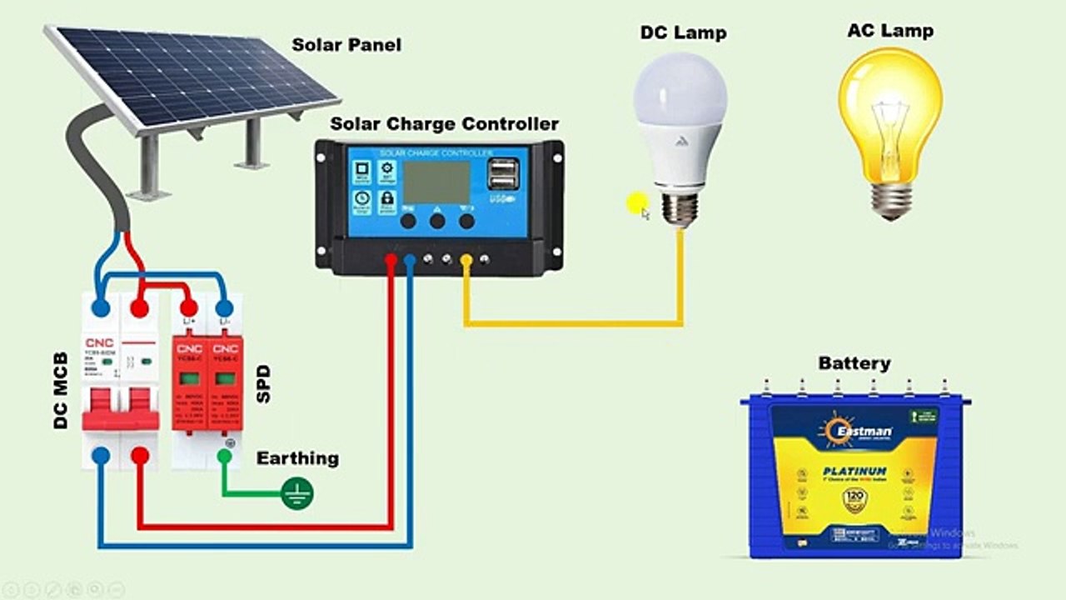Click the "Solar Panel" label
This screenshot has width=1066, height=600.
[x=346, y=45]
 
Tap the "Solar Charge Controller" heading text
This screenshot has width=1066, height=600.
[x=444, y=125]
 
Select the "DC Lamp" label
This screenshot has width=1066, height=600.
[x=683, y=33]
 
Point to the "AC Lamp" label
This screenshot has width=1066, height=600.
[x=889, y=31]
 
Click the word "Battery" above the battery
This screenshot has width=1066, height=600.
[x=854, y=363]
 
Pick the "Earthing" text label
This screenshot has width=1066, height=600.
[x=297, y=458]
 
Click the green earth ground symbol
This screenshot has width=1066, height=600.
[x=296, y=493]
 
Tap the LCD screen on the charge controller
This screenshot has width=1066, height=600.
[x=436, y=182]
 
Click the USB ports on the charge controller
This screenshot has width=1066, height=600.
[x=503, y=175]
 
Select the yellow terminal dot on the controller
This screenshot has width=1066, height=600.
[x=466, y=261]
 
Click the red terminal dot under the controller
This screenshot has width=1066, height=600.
[x=391, y=261]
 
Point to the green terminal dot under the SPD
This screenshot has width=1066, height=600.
[x=224, y=456]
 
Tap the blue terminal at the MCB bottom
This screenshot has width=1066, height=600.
[x=101, y=455]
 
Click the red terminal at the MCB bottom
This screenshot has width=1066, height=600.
[x=140, y=455]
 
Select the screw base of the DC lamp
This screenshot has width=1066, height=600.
[x=680, y=208]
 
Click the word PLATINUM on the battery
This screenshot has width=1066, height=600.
[x=854, y=472]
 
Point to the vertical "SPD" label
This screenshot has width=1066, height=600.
[x=264, y=383]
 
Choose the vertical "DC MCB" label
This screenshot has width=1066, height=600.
[x=61, y=390]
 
